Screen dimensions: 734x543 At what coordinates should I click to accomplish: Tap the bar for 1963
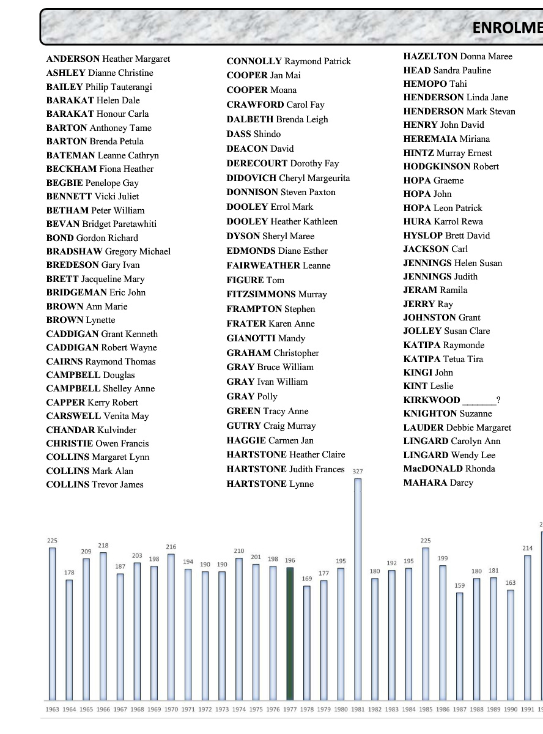(53, 623)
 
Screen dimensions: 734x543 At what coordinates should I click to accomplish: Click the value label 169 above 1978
(307, 579)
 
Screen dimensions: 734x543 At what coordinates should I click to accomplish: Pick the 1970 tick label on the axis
(171, 710)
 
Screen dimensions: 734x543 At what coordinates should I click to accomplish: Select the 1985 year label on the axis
(426, 710)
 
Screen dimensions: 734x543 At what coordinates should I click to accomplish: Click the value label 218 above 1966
(103, 546)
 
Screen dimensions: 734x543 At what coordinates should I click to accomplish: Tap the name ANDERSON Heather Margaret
(108, 59)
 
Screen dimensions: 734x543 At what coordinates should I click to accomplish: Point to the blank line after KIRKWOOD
(479, 401)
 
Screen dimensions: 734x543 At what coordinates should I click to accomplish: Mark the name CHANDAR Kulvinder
(92, 430)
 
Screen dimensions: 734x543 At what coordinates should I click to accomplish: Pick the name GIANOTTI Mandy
(265, 338)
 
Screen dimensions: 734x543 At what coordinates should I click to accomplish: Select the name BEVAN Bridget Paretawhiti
(102, 224)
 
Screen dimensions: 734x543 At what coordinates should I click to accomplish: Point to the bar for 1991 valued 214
(528, 628)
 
